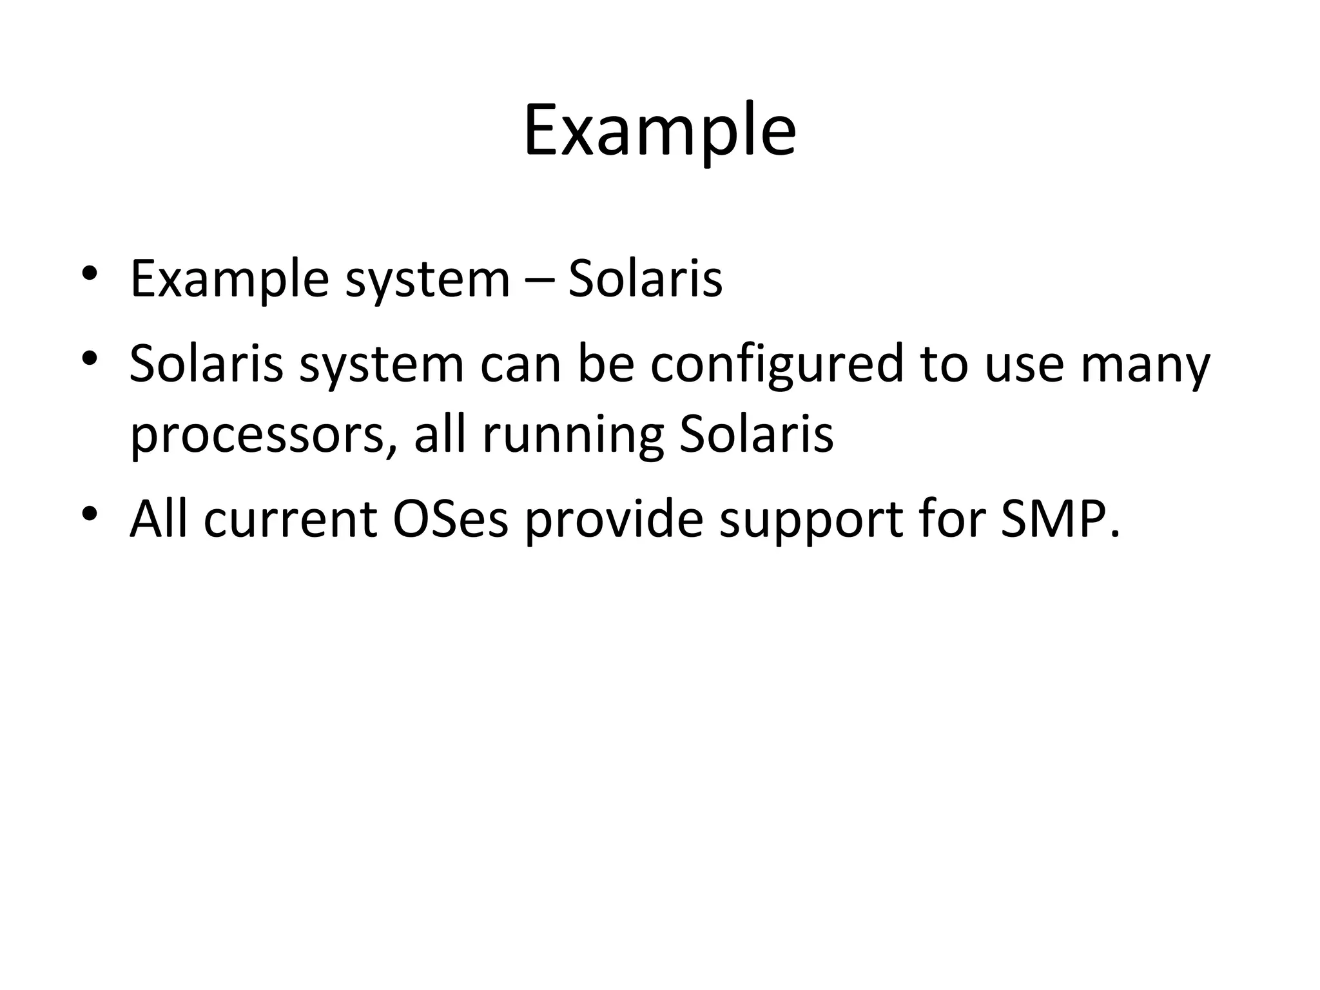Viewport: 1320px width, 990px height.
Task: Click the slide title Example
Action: click(x=659, y=132)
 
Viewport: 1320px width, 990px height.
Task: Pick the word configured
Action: click(x=777, y=365)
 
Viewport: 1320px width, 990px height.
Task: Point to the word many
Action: click(x=1145, y=365)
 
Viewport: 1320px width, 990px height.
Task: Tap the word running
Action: click(x=573, y=436)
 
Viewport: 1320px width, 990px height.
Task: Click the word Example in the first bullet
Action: click(x=229, y=280)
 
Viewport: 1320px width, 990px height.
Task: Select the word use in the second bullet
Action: click(x=1024, y=365)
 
